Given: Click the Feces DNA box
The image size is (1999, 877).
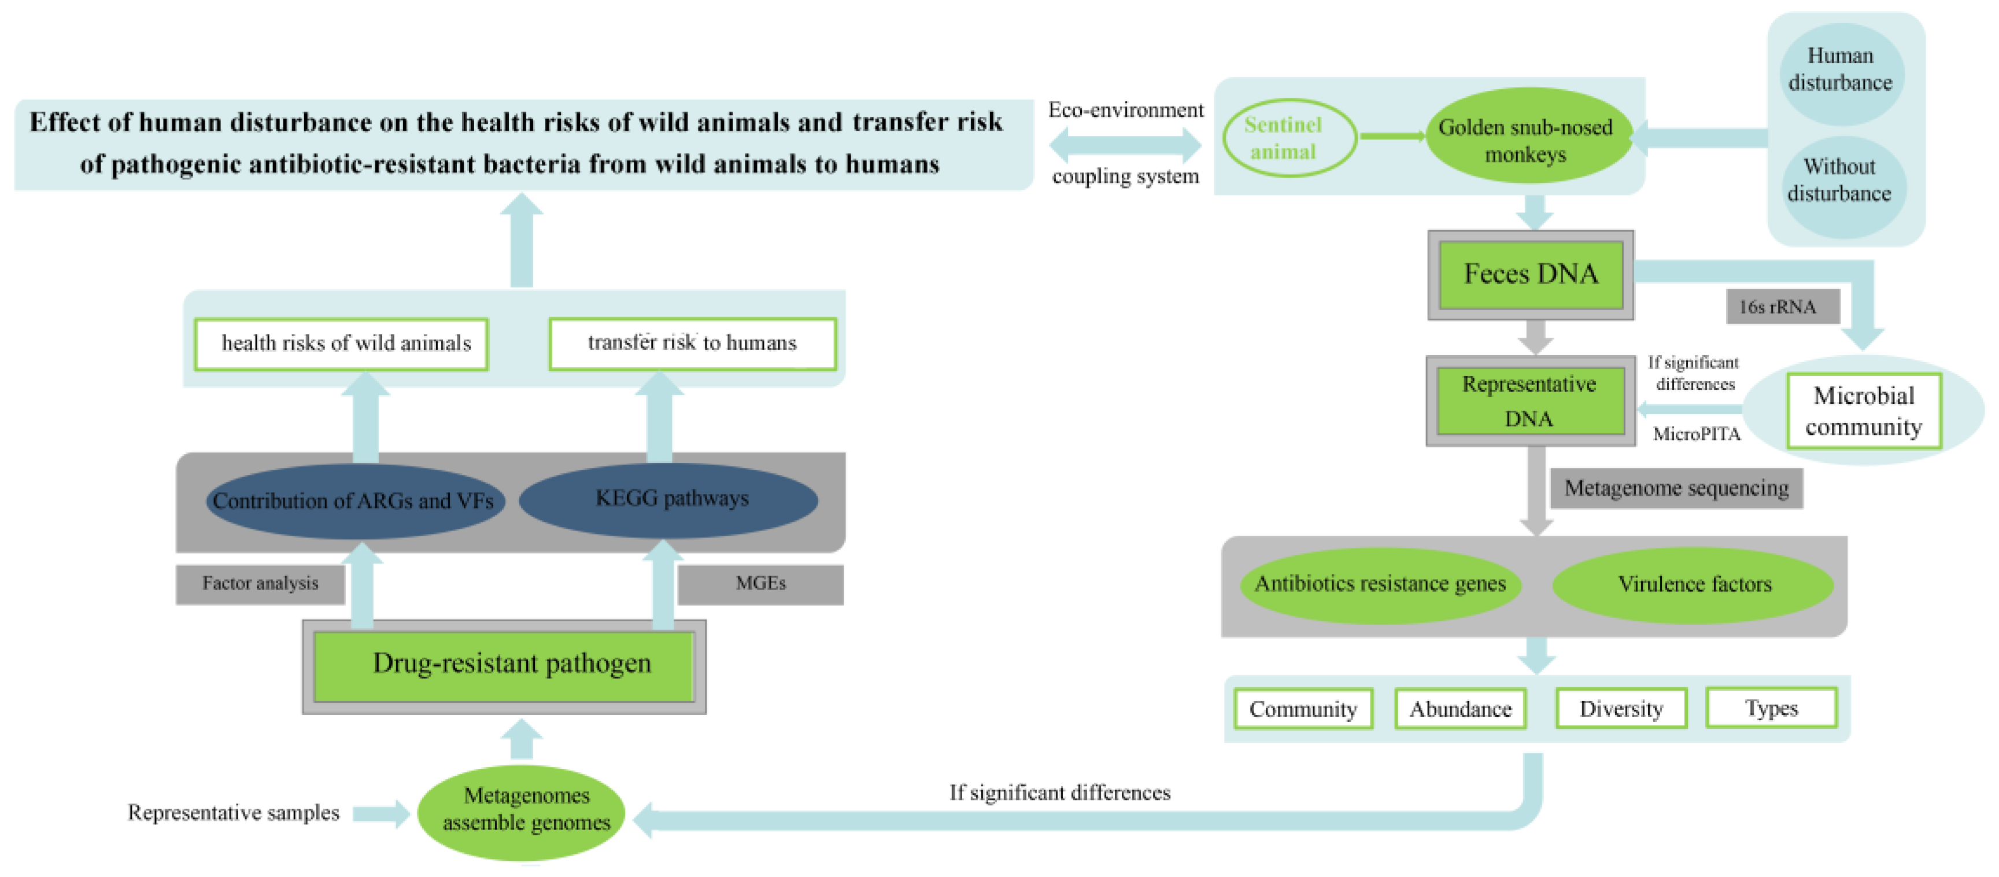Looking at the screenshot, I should click(x=1530, y=275).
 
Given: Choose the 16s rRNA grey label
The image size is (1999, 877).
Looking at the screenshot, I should click(x=1782, y=306).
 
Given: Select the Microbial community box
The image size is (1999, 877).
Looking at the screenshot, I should click(x=1863, y=411).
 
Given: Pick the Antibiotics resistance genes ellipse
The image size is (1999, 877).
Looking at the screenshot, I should click(x=1380, y=584).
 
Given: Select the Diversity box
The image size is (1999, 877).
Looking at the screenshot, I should click(x=1621, y=709).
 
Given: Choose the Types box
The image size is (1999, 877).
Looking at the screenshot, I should click(x=1771, y=708).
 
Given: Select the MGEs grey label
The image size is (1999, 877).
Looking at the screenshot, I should click(x=760, y=584).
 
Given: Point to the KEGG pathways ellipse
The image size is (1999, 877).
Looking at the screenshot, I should click(x=671, y=498).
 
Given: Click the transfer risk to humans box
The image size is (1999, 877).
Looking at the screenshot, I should click(x=692, y=343).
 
